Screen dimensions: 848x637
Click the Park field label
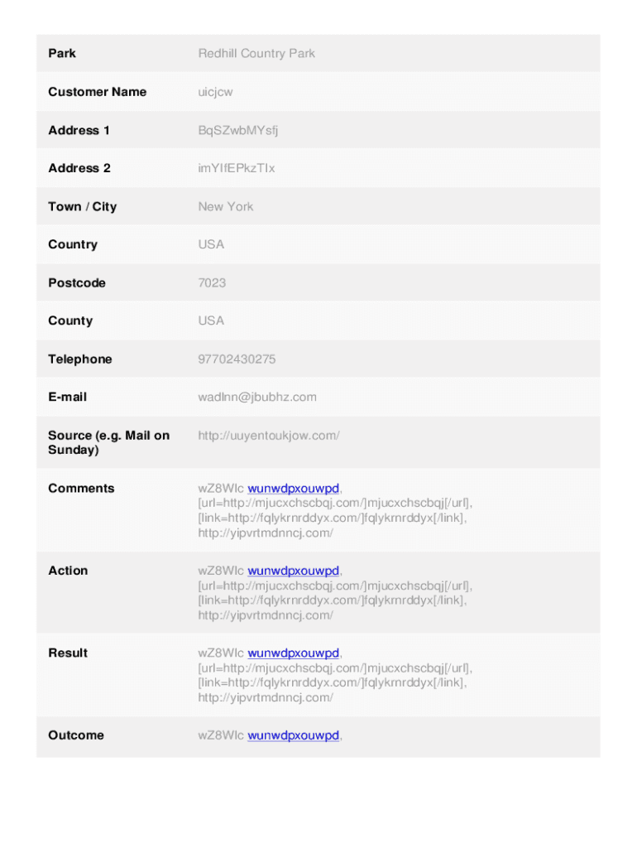pyautogui.click(x=62, y=54)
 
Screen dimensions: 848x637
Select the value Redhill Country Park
pyautogui.click(x=256, y=54)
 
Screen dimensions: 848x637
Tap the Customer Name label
pyautogui.click(x=97, y=92)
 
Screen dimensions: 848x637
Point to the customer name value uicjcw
pyautogui.click(x=215, y=92)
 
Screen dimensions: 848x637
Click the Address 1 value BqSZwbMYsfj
pyautogui.click(x=238, y=130)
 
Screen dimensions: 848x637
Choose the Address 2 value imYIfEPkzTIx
pyautogui.click(x=237, y=168)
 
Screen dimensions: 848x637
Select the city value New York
pyautogui.click(x=226, y=206)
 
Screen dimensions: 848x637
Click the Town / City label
pyautogui.click(x=83, y=206)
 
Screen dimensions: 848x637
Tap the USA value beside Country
pyautogui.click(x=211, y=244)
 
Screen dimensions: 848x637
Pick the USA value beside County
pyautogui.click(x=211, y=320)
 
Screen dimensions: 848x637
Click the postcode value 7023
pyautogui.click(x=212, y=282)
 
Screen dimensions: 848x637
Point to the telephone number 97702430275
pyautogui.click(x=237, y=359)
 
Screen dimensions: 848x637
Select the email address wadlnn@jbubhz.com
pyautogui.click(x=257, y=397)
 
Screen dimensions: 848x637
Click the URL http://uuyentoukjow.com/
pyautogui.click(x=269, y=435)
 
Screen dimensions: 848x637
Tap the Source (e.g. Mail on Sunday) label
pyautogui.click(x=108, y=442)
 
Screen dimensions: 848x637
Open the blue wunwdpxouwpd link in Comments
pyautogui.click(x=294, y=489)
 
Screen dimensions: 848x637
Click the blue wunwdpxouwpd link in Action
pyautogui.click(x=294, y=571)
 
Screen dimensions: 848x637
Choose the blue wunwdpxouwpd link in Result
pyautogui.click(x=294, y=653)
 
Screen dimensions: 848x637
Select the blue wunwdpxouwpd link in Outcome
pyautogui.click(x=294, y=735)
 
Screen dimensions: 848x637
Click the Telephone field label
pyautogui.click(x=80, y=359)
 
